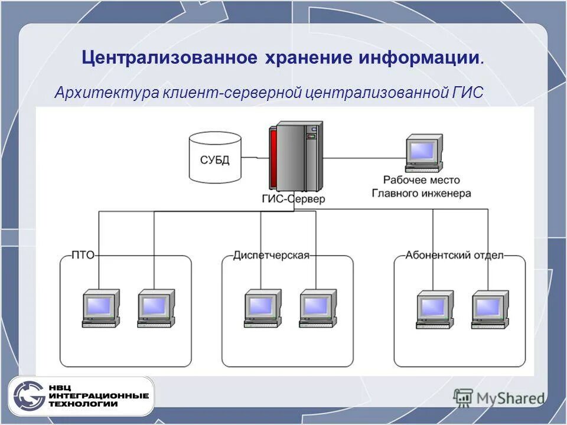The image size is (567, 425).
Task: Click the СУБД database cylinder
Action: [x=215, y=156]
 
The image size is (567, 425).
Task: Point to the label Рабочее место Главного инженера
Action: [x=421, y=186]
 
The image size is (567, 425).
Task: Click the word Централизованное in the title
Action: [x=170, y=58]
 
